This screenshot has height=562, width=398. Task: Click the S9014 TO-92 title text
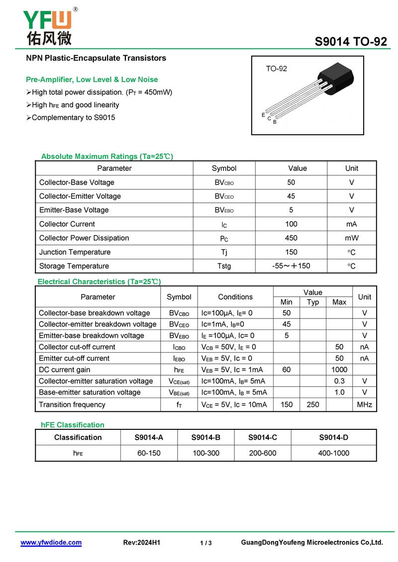[351, 42]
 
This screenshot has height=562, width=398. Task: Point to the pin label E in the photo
[263, 115]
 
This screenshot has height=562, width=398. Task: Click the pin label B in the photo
[275, 122]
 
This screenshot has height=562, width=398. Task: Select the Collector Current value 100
[291, 224]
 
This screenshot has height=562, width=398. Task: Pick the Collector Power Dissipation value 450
[291, 238]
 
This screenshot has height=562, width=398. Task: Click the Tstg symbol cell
[224, 266]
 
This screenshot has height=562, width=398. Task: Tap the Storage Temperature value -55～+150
[291, 266]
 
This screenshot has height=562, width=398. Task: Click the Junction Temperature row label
[75, 252]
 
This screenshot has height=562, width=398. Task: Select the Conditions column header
[235, 297]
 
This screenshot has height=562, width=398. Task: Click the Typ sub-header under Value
[313, 302]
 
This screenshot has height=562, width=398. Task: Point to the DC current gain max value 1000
[339, 370]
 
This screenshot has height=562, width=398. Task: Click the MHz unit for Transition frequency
[365, 404]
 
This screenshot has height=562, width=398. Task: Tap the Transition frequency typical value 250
[313, 404]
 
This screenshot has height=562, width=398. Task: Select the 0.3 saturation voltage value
[339, 381]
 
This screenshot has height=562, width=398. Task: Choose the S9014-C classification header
[262, 437]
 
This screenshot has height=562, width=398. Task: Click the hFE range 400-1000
[334, 453]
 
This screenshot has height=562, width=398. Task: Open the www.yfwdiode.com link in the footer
[51, 543]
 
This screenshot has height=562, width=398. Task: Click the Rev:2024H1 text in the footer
[141, 543]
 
